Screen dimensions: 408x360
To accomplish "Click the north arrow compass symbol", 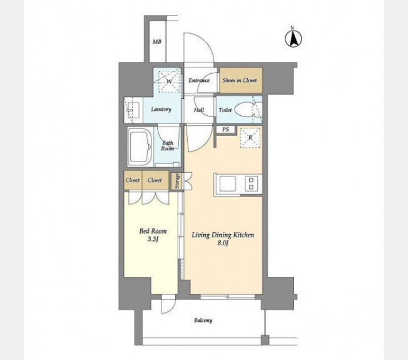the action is pyautogui.click(x=293, y=38).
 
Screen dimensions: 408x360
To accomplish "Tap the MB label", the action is pyautogui.click(x=157, y=42).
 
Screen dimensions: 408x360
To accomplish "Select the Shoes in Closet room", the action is pyautogui.click(x=241, y=80).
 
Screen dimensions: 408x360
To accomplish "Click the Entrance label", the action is pyautogui.click(x=199, y=80).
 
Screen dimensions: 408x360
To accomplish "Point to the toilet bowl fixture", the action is pyautogui.click(x=244, y=110).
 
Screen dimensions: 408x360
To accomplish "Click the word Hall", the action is pyautogui.click(x=199, y=110).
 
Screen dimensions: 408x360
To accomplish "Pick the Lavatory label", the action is pyautogui.click(x=161, y=110).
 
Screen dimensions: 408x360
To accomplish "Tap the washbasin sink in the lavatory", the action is pyautogui.click(x=133, y=110).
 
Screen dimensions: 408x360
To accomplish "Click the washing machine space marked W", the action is pyautogui.click(x=169, y=81).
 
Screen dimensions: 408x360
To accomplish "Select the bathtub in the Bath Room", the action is pyautogui.click(x=141, y=147).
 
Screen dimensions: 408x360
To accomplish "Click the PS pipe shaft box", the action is pyautogui.click(x=226, y=129).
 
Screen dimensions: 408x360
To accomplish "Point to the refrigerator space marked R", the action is pyautogui.click(x=250, y=138).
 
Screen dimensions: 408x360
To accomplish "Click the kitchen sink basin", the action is pyautogui.click(x=228, y=184).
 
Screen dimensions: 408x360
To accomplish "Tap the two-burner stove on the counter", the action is pyautogui.click(x=252, y=183).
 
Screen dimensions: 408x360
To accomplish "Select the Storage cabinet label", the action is pyautogui.click(x=178, y=181).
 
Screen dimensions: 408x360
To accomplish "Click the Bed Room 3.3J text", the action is pyautogui.click(x=153, y=235).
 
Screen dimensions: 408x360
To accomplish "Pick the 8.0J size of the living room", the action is pyautogui.click(x=223, y=243).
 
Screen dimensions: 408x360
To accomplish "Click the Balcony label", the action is pyautogui.click(x=203, y=320).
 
